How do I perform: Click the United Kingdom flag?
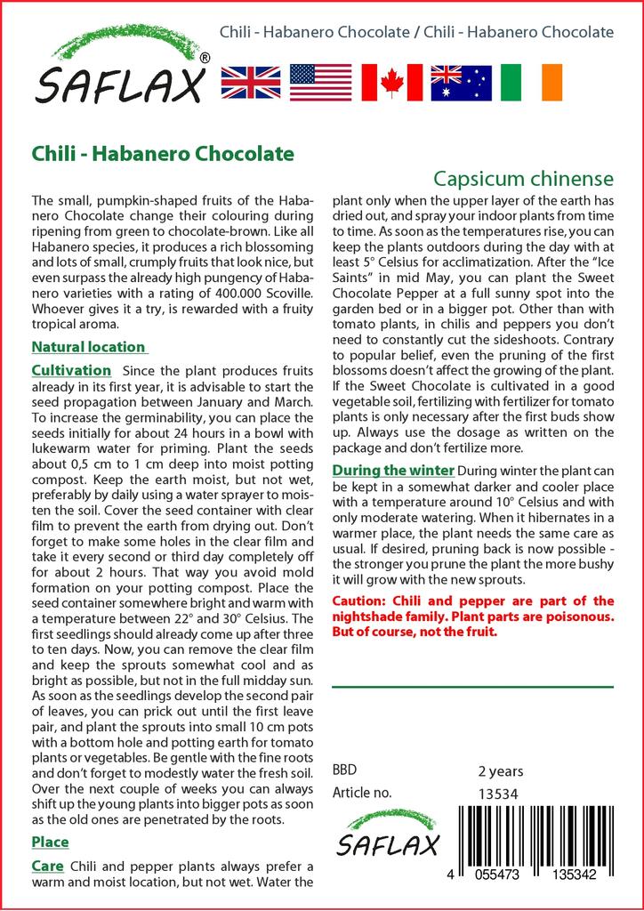[251, 82]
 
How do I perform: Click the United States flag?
[321, 82]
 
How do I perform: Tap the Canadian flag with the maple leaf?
[390, 82]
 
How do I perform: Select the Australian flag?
[461, 82]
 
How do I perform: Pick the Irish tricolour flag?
[531, 82]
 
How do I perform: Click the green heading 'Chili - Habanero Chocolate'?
[163, 153]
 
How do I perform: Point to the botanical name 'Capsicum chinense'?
[524, 177]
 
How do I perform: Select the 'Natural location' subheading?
[88, 347]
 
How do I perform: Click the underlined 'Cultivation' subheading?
[71, 370]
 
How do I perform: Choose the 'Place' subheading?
[50, 842]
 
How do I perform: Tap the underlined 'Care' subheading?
[46, 866]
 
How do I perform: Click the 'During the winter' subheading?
[393, 470]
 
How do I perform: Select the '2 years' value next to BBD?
[501, 771]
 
